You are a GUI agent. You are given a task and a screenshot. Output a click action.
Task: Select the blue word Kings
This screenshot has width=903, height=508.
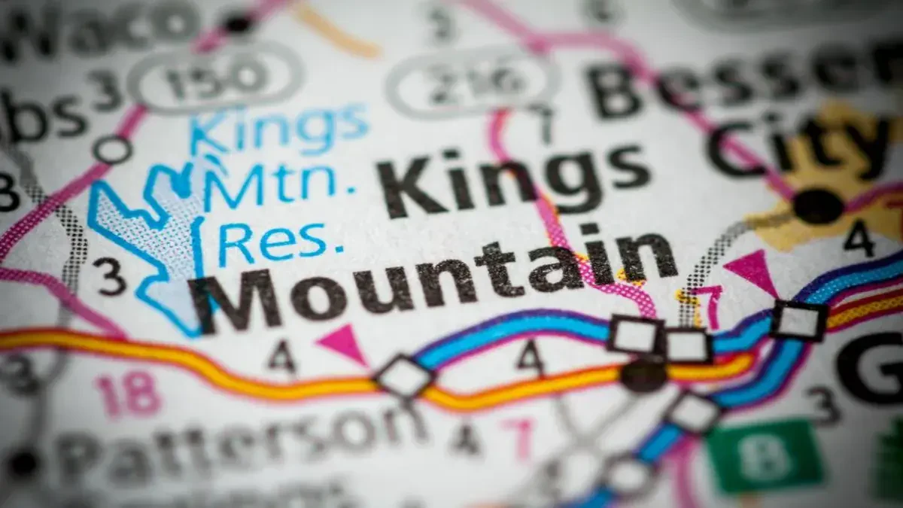tap(278, 128)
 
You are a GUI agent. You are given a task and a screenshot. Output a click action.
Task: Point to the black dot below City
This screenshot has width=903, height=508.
tap(818, 205)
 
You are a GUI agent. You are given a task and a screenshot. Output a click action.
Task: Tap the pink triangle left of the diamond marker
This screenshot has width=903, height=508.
tap(342, 343)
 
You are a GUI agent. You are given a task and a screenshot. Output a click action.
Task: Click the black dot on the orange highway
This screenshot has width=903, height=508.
tap(643, 374)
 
